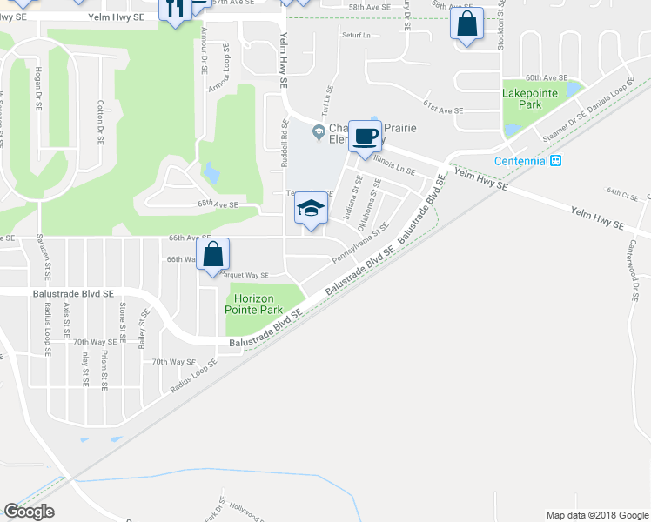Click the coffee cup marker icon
[x=365, y=136]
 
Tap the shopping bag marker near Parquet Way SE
[x=213, y=255]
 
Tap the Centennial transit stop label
[x=520, y=161]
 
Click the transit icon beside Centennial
[x=555, y=161]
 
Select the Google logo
[x=29, y=512]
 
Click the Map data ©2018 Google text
[x=595, y=515]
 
